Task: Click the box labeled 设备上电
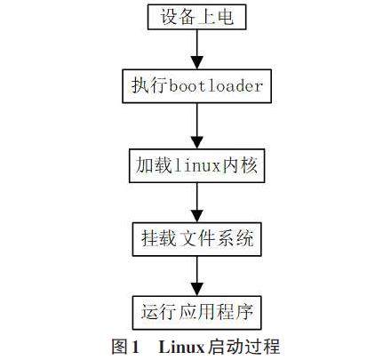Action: (196, 17)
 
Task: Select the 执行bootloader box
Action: (196, 86)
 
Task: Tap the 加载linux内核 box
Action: (196, 165)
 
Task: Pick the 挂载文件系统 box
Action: (196, 239)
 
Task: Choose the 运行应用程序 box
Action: (196, 313)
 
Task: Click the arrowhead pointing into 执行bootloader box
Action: (197, 63)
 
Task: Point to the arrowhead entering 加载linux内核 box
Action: (197, 142)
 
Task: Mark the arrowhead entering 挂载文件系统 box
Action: (197, 216)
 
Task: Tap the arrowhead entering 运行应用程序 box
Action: (197, 290)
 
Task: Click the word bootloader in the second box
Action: (216, 86)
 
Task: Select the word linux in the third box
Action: (197, 165)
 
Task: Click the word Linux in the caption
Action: (181, 347)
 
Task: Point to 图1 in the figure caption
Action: (125, 347)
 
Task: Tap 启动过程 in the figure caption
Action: (243, 347)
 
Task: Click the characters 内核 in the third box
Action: (240, 165)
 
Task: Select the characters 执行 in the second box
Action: (149, 86)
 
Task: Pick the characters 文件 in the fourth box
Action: (197, 238)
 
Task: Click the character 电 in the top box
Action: (225, 16)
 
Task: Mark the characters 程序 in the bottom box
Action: (235, 312)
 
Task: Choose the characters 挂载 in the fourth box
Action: (159, 238)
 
